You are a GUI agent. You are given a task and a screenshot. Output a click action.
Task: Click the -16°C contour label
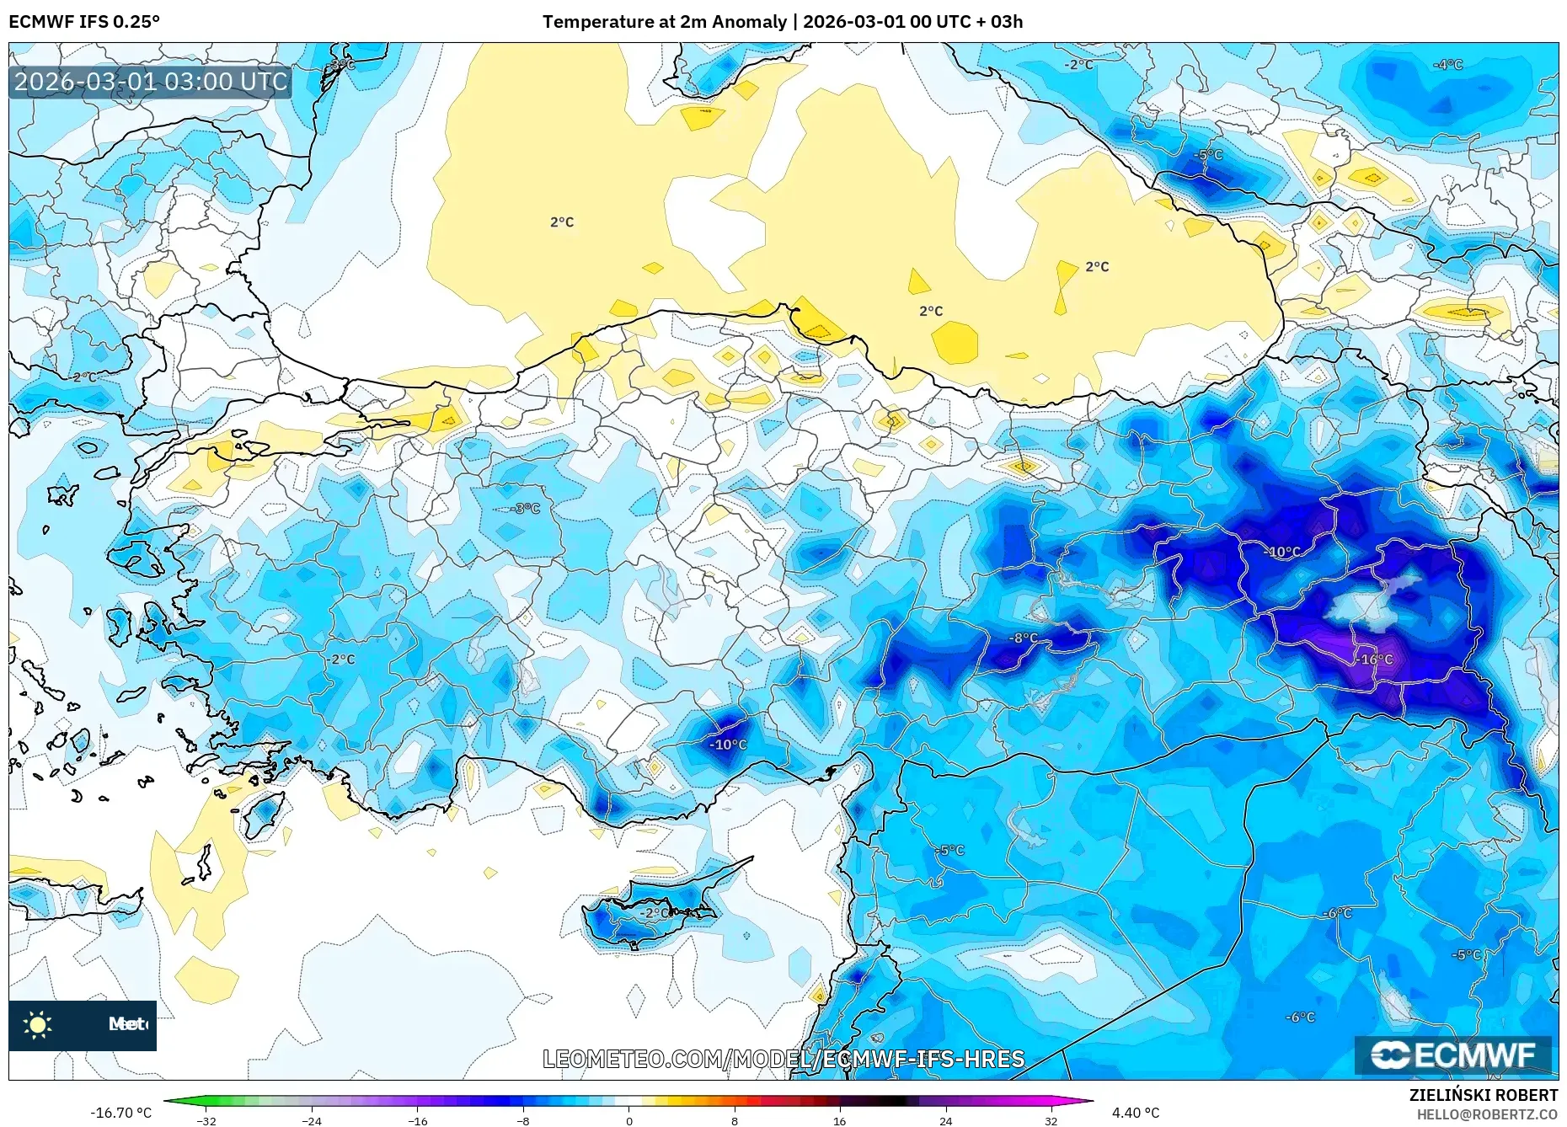point(1377,660)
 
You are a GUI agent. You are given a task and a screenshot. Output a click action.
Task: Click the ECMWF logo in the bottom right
point(1453,1055)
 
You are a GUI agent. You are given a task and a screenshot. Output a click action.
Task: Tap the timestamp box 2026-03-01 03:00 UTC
point(151,83)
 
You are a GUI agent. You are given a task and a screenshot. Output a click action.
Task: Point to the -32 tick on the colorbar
point(206,1120)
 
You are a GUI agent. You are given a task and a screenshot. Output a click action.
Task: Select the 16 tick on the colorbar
point(839,1120)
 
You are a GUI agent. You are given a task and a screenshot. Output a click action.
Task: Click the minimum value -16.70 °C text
point(121,1113)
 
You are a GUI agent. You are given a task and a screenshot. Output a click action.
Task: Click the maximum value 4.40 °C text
point(1136,1113)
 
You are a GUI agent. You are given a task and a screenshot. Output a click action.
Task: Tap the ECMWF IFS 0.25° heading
point(84,22)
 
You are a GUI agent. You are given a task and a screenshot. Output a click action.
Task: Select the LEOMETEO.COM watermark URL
point(783,1059)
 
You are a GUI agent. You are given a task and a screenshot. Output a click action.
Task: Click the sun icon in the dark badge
point(38,1025)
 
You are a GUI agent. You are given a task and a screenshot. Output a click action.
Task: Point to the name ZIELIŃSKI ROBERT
point(1484,1095)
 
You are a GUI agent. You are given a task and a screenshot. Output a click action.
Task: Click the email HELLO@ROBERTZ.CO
point(1487,1114)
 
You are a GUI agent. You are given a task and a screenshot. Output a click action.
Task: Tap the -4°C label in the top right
point(1448,65)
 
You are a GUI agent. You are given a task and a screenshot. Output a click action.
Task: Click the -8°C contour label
point(1024,638)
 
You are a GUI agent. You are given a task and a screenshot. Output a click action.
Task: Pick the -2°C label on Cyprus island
point(655,912)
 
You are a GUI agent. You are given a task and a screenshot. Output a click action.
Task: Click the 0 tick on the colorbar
point(628,1120)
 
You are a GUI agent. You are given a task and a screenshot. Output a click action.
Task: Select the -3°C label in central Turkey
point(526,509)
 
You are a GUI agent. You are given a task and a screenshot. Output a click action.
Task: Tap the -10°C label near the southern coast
point(728,745)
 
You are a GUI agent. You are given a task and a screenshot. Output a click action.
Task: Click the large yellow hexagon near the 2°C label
point(955,342)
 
